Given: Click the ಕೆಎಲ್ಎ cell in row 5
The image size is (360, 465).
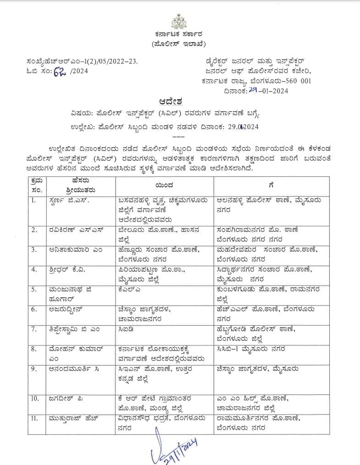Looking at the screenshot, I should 126,289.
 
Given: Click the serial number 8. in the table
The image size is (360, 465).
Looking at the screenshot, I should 35,349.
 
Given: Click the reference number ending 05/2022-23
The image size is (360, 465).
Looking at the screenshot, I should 82,61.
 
